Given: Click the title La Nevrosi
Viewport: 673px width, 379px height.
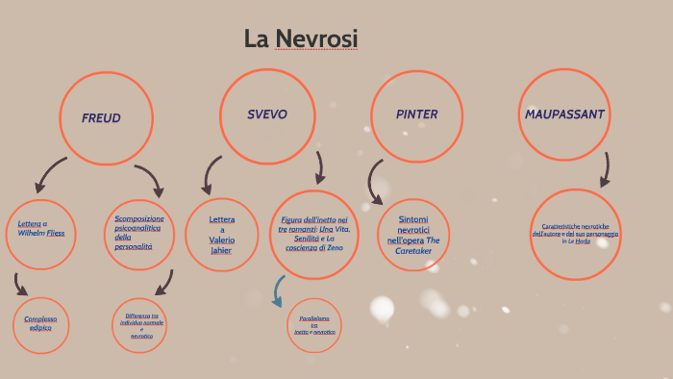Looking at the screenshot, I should pyautogui.click(x=300, y=38).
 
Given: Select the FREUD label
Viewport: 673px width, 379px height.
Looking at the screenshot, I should pyautogui.click(x=101, y=118).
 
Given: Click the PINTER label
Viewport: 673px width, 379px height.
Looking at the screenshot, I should pyautogui.click(x=416, y=114).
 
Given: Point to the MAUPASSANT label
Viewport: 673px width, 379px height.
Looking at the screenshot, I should pyautogui.click(x=564, y=114).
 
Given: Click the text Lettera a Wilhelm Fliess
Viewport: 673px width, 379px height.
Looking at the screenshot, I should pyautogui.click(x=40, y=228).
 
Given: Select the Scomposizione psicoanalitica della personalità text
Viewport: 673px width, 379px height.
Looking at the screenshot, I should pyautogui.click(x=139, y=233).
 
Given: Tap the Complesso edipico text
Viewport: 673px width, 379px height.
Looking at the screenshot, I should pyautogui.click(x=40, y=323).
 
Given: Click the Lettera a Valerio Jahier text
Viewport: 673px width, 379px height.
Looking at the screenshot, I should pyautogui.click(x=221, y=235).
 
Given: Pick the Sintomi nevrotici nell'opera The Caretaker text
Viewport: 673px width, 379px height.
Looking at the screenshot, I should pyautogui.click(x=413, y=235).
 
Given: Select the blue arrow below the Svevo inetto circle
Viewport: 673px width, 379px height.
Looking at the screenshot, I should pyautogui.click(x=279, y=291).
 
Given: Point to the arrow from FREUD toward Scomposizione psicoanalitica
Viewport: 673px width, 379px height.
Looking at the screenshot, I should pyautogui.click(x=150, y=180).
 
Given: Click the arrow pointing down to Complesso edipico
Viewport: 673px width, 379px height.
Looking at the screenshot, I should pyautogui.click(x=20, y=284).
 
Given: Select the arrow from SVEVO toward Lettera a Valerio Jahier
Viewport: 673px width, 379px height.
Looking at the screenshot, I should pyautogui.click(x=211, y=175).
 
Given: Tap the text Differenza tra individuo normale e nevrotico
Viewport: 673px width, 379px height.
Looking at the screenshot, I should pyautogui.click(x=141, y=325).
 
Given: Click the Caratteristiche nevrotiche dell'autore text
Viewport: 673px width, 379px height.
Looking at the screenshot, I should pyautogui.click(x=575, y=234).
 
